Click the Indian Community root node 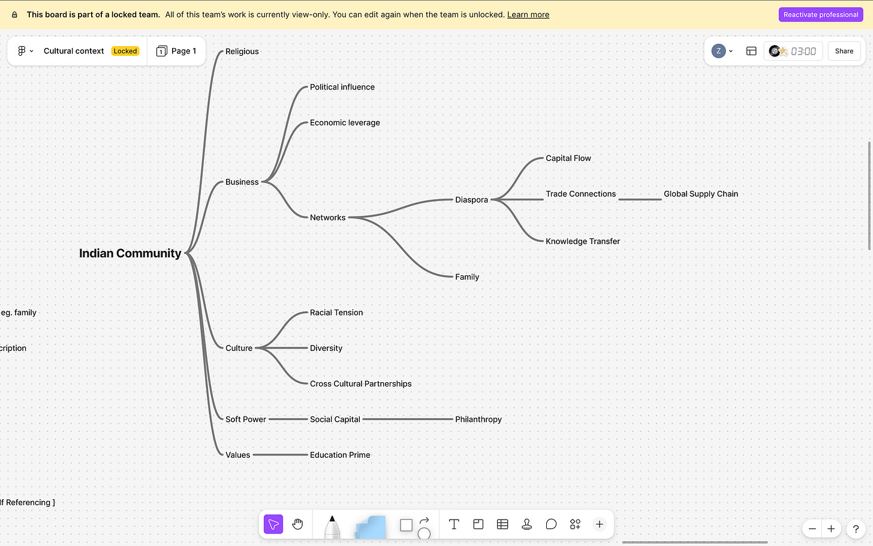(130, 253)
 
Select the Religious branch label (242, 52)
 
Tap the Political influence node (342, 87)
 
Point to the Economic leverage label (345, 122)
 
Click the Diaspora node (471, 200)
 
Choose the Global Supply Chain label (700, 194)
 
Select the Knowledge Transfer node (582, 241)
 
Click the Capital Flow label (568, 158)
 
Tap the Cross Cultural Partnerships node (360, 384)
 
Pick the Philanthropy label (478, 419)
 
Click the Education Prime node (340, 455)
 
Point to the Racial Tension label (336, 313)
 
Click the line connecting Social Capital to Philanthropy (408, 419)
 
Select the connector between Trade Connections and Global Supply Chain (640, 199)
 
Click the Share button (844, 51)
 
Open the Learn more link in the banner (528, 14)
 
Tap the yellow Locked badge (125, 51)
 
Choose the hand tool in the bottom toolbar (297, 524)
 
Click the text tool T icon (454, 524)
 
